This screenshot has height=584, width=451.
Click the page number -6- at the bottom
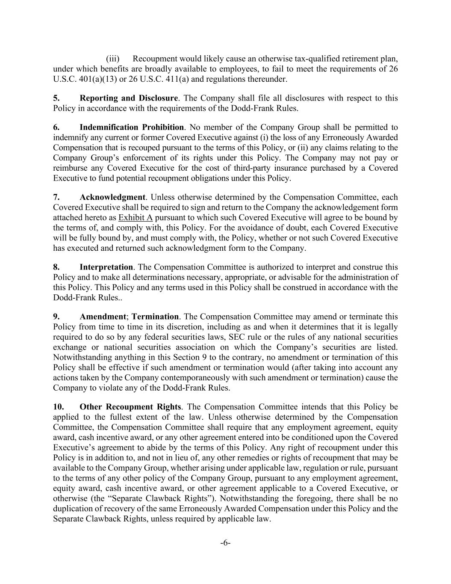click(x=225, y=543)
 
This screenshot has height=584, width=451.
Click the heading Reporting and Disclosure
click(x=128, y=98)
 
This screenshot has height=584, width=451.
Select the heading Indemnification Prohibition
click(x=132, y=127)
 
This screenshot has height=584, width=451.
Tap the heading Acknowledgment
click(x=112, y=197)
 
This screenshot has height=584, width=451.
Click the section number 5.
click(x=56, y=98)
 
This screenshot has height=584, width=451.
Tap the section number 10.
click(x=59, y=406)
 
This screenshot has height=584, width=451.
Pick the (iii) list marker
click(x=113, y=59)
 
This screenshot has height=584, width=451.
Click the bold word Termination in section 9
click(x=155, y=317)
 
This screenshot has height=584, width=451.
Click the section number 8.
click(x=56, y=267)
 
